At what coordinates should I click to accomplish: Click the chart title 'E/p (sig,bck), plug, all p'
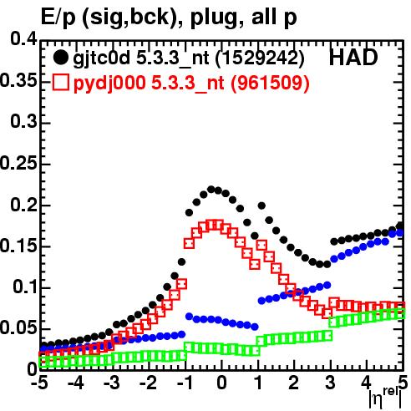tap(169, 18)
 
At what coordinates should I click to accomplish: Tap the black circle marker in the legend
tap(60, 58)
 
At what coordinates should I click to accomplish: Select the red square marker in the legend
tap(60, 83)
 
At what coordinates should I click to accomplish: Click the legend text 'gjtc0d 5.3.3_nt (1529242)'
tap(189, 58)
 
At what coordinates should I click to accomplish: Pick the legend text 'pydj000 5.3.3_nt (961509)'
tap(191, 83)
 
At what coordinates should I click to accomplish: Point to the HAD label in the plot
tap(353, 58)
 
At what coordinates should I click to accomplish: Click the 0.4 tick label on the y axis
tap(23, 39)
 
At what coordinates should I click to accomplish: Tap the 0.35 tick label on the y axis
tap(18, 81)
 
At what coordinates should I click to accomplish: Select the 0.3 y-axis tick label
tap(23, 122)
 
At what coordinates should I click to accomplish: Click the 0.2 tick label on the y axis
tap(23, 205)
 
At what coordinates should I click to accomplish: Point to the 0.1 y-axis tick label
tap(25, 287)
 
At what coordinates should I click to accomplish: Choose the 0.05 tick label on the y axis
tap(18, 328)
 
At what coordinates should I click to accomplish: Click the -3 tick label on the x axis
tap(112, 383)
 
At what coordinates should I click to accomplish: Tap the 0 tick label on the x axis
tap(221, 383)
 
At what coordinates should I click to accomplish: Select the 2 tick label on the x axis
tap(294, 383)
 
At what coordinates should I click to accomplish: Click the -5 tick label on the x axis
tap(39, 383)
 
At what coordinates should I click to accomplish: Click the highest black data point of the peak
tap(211, 190)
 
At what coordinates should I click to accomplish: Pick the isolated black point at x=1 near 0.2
tap(261, 205)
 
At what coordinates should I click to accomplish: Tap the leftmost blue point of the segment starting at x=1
tap(261, 301)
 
